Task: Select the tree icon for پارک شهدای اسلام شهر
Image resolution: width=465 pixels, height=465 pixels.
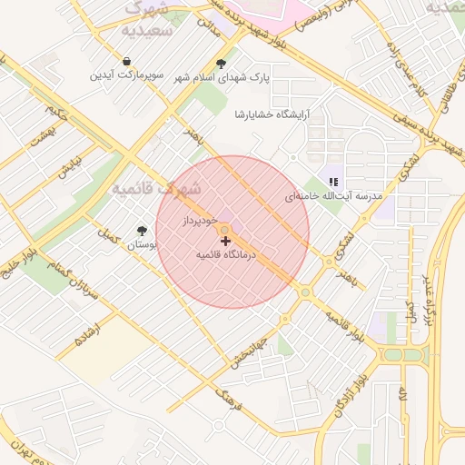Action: (222, 63)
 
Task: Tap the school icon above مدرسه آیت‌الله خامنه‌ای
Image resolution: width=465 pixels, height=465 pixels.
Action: (333, 181)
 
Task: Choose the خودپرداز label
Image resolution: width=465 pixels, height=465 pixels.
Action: (198, 221)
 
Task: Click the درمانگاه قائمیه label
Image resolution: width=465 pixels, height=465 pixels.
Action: (227, 256)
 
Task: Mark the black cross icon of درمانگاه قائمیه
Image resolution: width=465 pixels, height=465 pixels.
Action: (225, 242)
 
